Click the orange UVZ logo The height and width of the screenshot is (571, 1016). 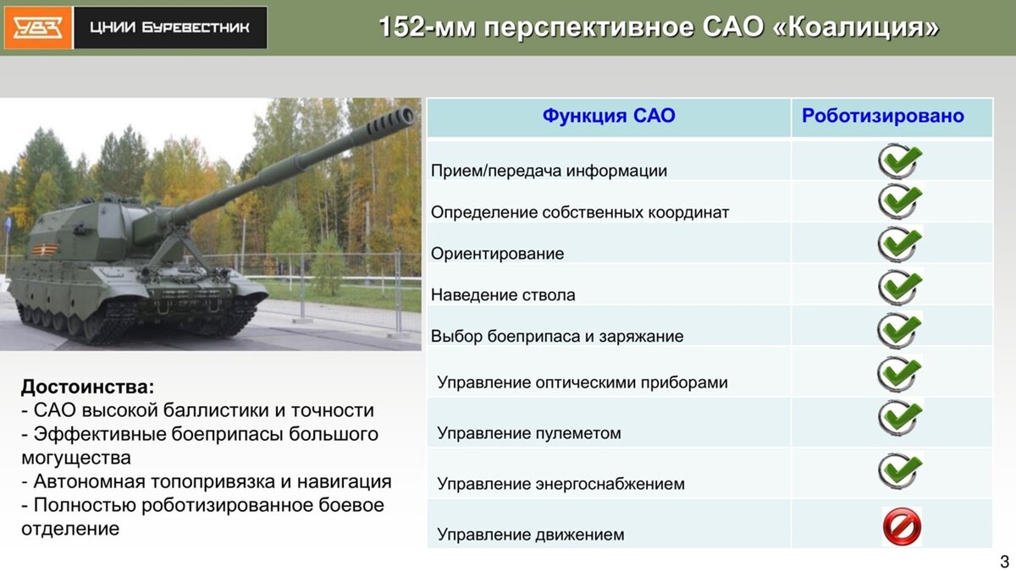tap(37, 27)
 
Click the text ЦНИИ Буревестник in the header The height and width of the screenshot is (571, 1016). tap(170, 28)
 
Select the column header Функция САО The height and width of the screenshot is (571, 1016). tap(609, 116)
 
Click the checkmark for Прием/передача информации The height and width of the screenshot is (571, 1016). tap(899, 160)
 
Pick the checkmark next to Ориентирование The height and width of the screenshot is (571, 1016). tap(899, 244)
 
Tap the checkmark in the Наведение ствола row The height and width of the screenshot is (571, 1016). tap(899, 286)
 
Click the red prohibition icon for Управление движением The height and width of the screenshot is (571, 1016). tap(901, 526)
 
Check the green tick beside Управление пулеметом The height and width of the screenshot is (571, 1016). tap(899, 417)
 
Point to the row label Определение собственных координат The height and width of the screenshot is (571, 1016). tap(580, 211)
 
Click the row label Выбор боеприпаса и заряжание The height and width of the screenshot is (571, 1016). tap(557, 336)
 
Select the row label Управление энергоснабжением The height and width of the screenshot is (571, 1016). tap(560, 484)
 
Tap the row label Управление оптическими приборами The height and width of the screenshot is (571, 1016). tap(583, 382)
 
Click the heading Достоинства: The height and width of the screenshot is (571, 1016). tap(88, 387)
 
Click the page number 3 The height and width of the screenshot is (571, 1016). tap(1004, 561)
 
